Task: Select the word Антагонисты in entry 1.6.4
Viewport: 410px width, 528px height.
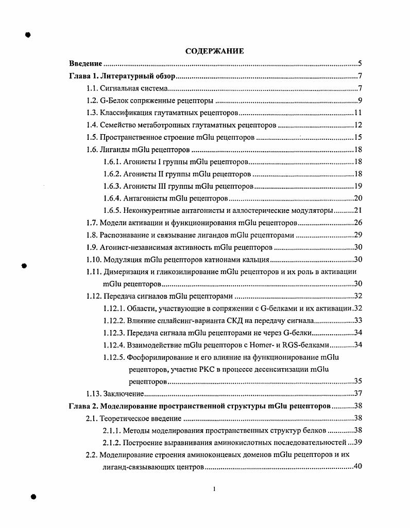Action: pyautogui.click(x=142, y=198)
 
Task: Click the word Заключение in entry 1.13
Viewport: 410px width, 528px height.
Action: pyautogui.click(x=123, y=394)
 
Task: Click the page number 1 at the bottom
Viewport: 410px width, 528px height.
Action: pyautogui.click(x=214, y=489)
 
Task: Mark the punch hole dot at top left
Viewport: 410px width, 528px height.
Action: pyautogui.click(x=28, y=35)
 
